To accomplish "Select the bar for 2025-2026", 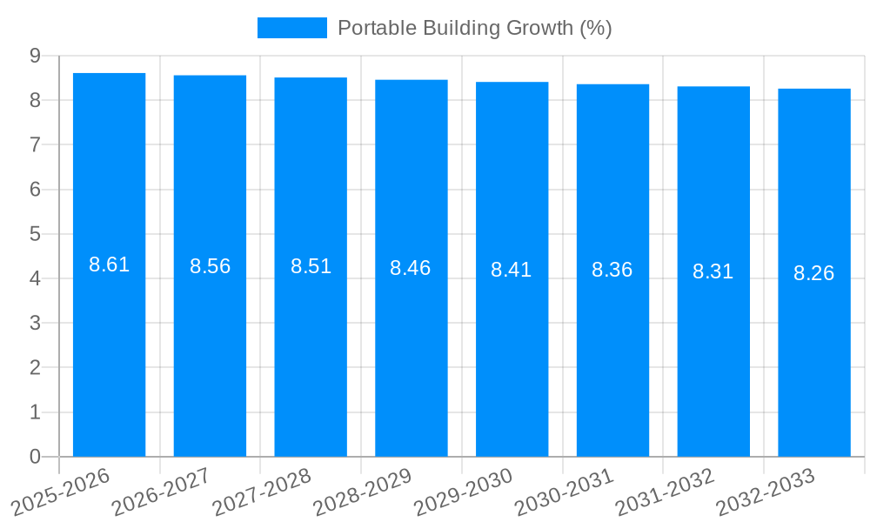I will (x=109, y=348).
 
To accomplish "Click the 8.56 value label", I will (x=210, y=267).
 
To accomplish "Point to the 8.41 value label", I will (x=511, y=270).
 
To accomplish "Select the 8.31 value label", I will (x=713, y=272).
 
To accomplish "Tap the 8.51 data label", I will (x=311, y=267).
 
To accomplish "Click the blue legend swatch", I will (x=291, y=28).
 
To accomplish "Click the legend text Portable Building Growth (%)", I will (x=474, y=28).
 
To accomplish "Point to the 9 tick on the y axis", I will (x=35, y=56).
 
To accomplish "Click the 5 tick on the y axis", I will (x=35, y=234).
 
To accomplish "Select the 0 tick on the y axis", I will (x=35, y=457).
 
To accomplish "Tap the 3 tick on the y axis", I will (x=35, y=324).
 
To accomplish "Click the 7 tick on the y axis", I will (x=35, y=145).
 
